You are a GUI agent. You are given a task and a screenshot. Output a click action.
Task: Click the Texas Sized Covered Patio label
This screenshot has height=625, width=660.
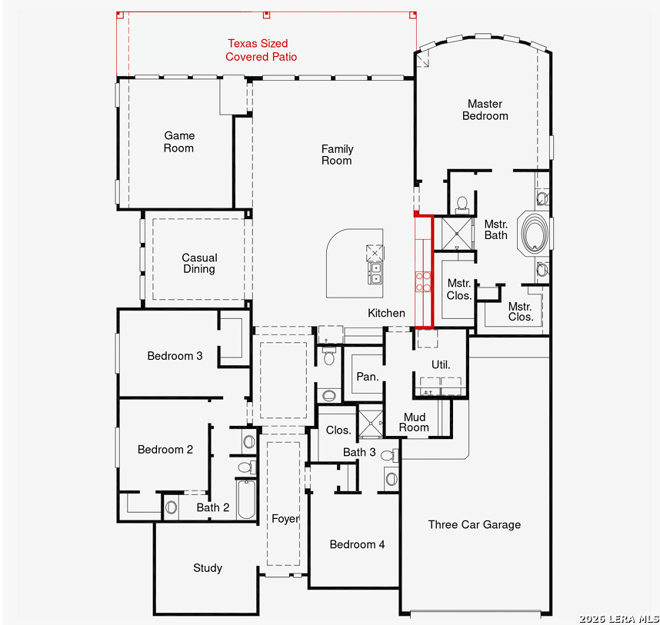[x=261, y=50]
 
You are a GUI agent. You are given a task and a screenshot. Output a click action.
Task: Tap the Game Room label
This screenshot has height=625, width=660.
[x=179, y=141]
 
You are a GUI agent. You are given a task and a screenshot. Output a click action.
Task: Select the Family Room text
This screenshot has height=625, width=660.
[x=337, y=155]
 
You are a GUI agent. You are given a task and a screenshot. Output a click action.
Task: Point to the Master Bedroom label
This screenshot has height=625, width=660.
[x=485, y=110]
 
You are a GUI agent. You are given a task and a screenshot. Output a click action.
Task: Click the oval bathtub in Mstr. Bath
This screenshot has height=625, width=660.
[x=535, y=234]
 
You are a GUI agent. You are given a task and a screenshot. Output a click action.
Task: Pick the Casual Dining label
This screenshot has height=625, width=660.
[x=199, y=263]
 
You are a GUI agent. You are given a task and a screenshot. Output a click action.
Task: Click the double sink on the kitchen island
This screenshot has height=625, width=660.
[x=375, y=273]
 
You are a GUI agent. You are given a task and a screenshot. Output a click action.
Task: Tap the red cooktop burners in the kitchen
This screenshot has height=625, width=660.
[x=423, y=282]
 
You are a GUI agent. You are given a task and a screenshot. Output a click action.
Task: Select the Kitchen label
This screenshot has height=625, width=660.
[x=386, y=313]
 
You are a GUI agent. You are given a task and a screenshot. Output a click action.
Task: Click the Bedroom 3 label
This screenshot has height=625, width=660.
[x=175, y=356]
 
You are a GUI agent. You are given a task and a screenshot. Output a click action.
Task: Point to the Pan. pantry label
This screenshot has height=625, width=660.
[x=368, y=377]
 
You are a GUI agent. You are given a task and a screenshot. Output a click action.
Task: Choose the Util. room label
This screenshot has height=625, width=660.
[x=441, y=364]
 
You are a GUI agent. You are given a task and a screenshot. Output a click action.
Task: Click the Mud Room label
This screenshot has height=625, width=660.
[x=414, y=422]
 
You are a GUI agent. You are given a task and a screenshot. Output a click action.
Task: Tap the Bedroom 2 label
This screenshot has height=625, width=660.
[x=165, y=450]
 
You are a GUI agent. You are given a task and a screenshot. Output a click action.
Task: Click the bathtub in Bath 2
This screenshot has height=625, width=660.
[x=246, y=499]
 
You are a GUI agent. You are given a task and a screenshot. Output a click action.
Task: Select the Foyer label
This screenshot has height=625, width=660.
[x=285, y=519]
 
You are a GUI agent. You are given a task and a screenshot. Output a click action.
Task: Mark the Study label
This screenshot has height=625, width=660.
[x=208, y=568]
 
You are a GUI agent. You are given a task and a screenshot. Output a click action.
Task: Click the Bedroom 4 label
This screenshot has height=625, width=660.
[x=357, y=545]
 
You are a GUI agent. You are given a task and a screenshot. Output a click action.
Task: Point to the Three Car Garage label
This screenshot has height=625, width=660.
[x=475, y=524]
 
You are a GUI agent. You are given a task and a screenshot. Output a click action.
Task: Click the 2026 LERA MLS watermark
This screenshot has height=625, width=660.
[x=618, y=619]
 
